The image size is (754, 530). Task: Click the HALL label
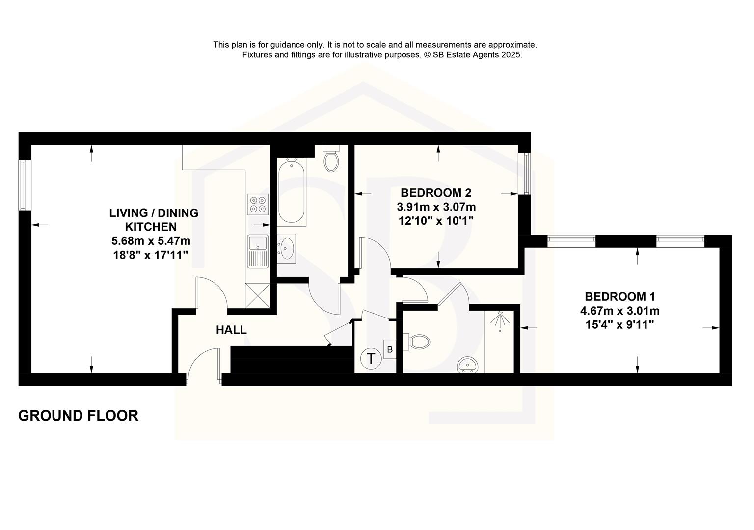[231, 330]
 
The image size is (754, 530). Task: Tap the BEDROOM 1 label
[620, 296]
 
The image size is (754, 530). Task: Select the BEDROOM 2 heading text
[436, 192]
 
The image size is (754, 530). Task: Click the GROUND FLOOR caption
[78, 416]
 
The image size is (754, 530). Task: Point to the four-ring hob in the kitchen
[258, 204]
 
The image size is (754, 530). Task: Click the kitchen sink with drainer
[258, 251]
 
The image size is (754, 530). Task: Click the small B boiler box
[390, 350]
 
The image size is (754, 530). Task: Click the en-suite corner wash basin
[468, 366]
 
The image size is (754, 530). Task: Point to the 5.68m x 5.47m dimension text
[151, 241]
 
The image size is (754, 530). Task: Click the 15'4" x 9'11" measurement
[619, 324]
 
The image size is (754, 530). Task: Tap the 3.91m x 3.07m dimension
[436, 207]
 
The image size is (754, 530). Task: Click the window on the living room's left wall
[23, 185]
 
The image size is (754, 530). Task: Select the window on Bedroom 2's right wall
[527, 173]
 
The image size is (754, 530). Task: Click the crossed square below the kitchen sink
[258, 295]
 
